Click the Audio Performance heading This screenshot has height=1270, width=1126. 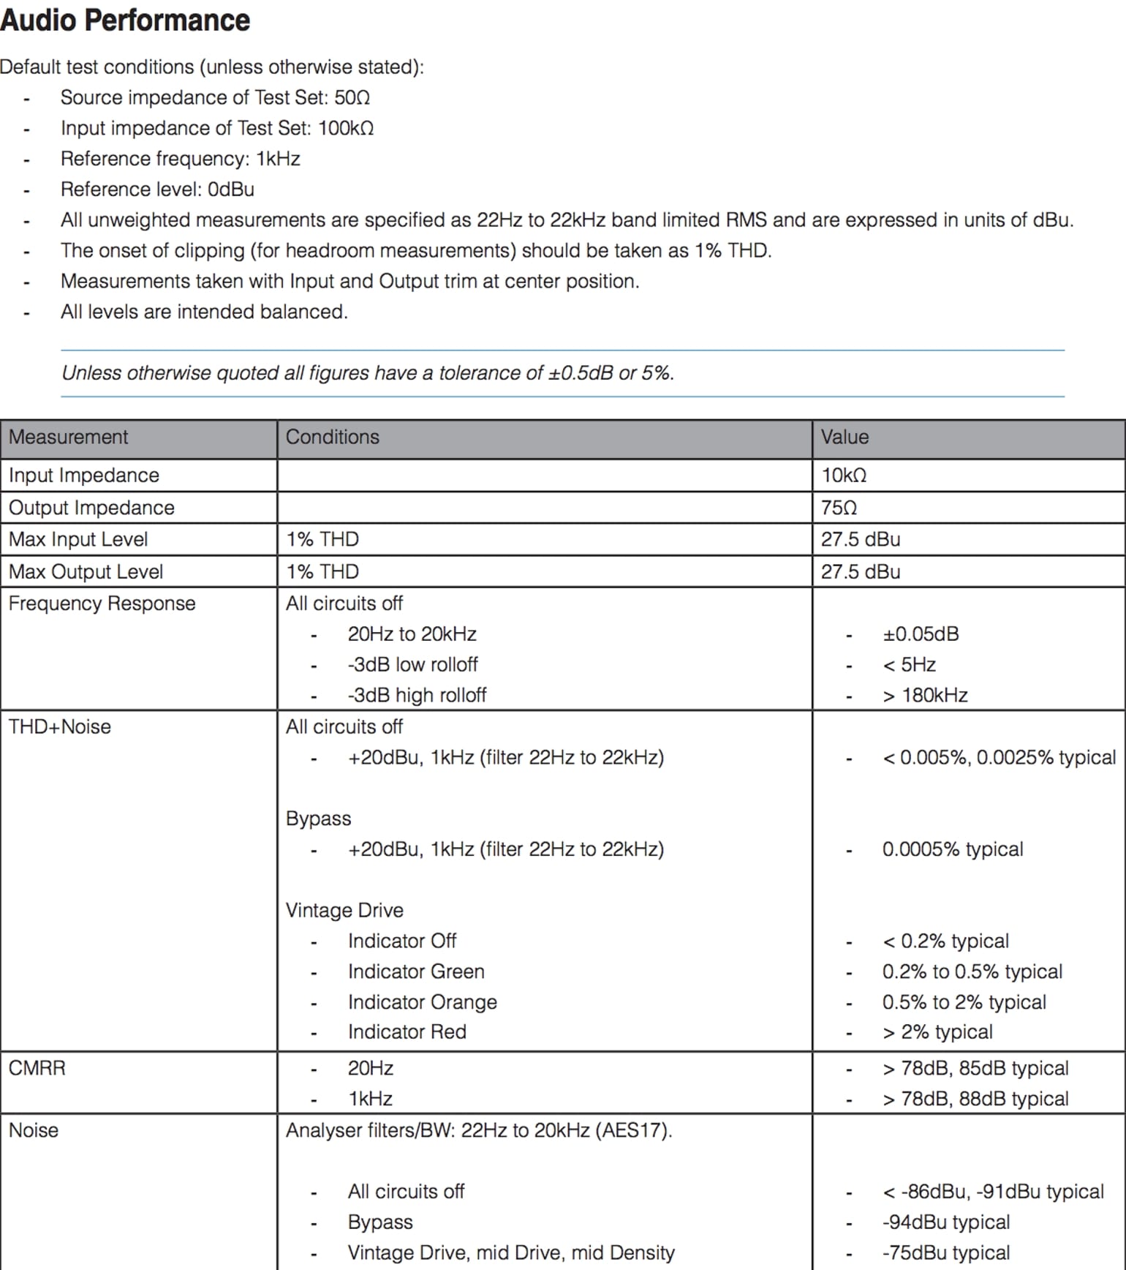(125, 20)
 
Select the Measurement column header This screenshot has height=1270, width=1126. (68, 437)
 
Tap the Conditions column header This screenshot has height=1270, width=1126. (332, 437)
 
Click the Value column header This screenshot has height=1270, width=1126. (844, 437)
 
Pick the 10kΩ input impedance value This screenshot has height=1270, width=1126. (844, 476)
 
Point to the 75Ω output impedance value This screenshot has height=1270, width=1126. (839, 508)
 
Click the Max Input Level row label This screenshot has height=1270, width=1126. (78, 540)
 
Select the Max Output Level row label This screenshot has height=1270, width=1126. (86, 572)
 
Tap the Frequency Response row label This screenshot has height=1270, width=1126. (102, 604)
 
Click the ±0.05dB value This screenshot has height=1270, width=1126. (921, 634)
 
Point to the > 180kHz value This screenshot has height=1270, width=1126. (925, 695)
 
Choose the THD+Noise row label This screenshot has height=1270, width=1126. (60, 727)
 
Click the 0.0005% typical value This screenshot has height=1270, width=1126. (953, 849)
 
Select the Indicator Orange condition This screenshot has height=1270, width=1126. (422, 1002)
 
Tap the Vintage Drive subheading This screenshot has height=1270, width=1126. (344, 910)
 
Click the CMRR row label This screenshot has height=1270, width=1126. (37, 1068)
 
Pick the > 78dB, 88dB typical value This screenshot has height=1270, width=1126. (975, 1099)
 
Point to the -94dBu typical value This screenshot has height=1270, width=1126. (946, 1222)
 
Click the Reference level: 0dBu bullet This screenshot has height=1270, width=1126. (157, 189)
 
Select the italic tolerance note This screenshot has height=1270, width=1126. (368, 373)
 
